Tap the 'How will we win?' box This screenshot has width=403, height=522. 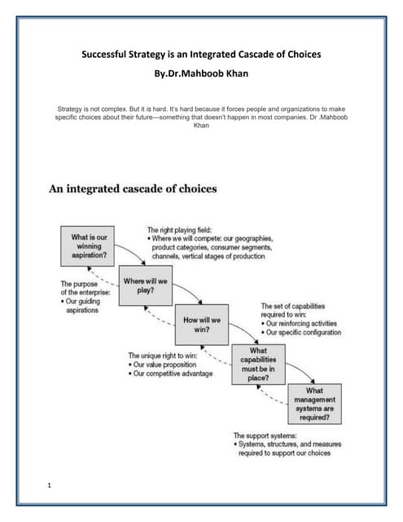pos(201,325)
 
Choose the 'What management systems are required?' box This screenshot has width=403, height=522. pos(313,403)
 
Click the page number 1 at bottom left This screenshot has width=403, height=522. pos(51,486)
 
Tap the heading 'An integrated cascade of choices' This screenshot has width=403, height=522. pos(133,189)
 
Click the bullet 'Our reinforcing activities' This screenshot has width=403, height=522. pos(304,324)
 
